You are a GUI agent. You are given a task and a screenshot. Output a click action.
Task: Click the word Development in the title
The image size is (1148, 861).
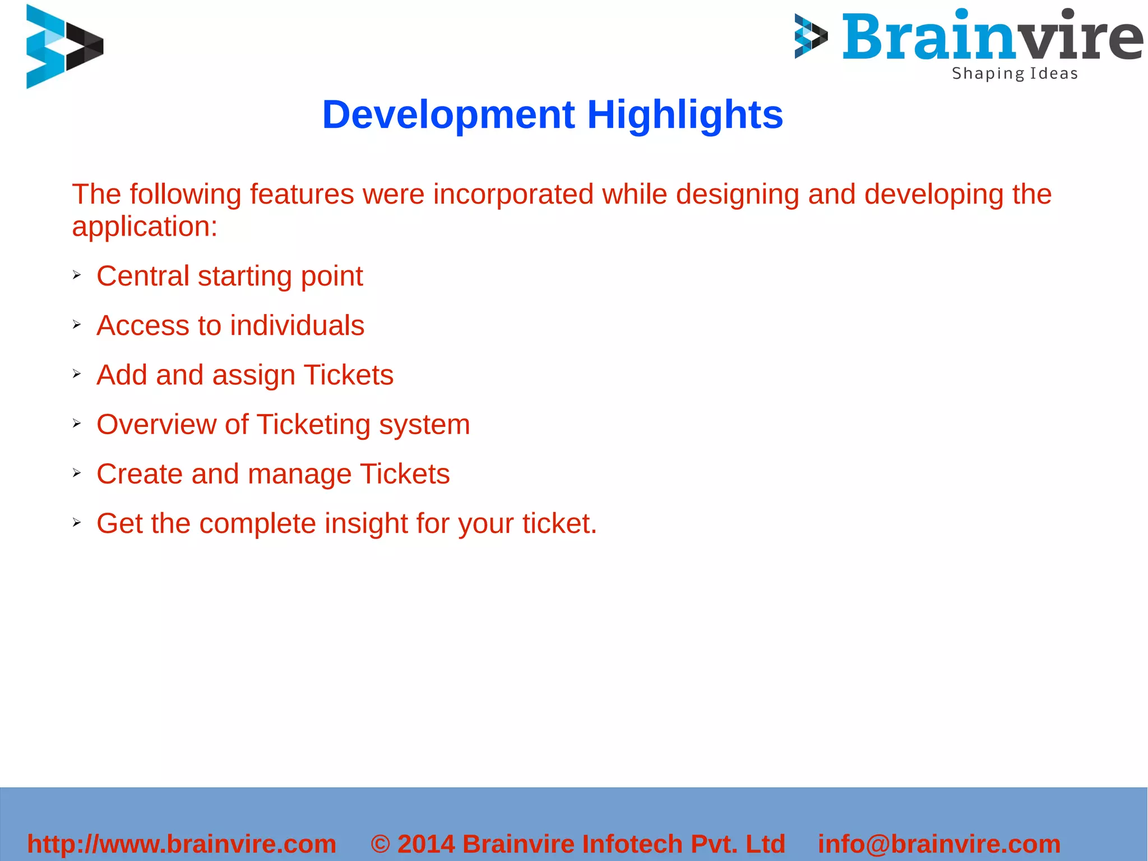tap(448, 115)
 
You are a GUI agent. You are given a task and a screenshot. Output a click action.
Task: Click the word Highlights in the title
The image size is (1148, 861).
tap(685, 115)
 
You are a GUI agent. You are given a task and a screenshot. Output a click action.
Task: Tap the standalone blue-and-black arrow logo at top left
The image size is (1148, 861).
tap(64, 47)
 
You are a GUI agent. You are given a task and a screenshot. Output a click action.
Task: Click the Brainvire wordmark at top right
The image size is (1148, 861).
tap(992, 36)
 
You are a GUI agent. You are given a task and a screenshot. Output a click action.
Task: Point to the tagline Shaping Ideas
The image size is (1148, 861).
tap(1015, 73)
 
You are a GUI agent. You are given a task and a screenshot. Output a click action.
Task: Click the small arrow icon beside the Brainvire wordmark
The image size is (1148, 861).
tap(811, 36)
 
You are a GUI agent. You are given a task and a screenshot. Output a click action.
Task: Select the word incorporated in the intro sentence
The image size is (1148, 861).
tap(513, 195)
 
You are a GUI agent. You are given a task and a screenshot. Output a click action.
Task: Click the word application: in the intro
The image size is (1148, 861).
tap(145, 227)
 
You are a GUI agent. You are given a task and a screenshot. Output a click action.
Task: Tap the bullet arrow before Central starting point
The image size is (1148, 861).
tap(77, 275)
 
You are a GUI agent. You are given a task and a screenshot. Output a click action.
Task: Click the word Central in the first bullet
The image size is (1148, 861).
tap(143, 276)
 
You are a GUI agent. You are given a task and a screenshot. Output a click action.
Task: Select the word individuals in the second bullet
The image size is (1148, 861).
tap(297, 325)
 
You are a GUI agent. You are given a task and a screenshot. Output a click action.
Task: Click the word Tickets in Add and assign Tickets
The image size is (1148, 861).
tap(349, 375)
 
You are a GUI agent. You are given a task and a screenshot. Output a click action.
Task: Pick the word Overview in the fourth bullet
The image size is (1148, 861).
tap(156, 424)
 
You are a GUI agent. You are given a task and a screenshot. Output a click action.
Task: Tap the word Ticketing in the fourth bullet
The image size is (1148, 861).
tap(313, 425)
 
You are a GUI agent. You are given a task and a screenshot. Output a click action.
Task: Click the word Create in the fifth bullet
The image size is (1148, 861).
tap(140, 474)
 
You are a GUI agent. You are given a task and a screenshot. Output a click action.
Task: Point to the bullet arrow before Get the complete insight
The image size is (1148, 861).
tap(77, 523)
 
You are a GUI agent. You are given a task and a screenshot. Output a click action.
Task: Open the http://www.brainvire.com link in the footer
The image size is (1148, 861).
tap(182, 844)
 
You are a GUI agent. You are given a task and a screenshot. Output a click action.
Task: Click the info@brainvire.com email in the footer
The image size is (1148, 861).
tap(939, 844)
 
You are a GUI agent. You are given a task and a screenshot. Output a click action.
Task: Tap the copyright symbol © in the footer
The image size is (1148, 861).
tap(381, 844)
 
